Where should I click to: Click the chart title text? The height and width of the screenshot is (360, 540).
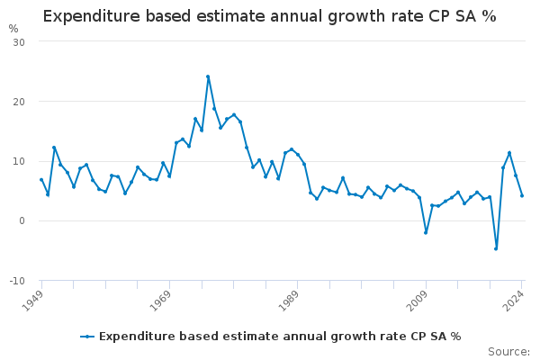click(270, 17)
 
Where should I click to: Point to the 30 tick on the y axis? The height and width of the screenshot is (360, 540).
click(19, 42)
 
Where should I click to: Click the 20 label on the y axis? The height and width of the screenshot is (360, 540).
click(19, 102)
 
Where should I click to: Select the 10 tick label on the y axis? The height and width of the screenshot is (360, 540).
click(19, 161)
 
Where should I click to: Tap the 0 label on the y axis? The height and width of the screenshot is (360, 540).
click(22, 220)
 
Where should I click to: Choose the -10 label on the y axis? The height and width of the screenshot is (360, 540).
click(17, 281)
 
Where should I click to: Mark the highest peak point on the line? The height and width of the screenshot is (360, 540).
click(208, 76)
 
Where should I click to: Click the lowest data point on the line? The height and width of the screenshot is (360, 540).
click(496, 248)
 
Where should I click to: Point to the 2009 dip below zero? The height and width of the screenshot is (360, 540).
click(426, 232)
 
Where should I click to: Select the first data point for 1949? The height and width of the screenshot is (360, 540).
click(41, 180)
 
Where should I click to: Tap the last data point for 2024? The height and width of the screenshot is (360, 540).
click(522, 195)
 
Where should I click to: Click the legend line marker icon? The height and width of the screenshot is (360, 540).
click(87, 337)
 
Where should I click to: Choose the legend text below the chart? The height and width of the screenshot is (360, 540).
click(280, 337)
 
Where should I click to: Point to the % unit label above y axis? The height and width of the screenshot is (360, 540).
click(13, 29)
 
